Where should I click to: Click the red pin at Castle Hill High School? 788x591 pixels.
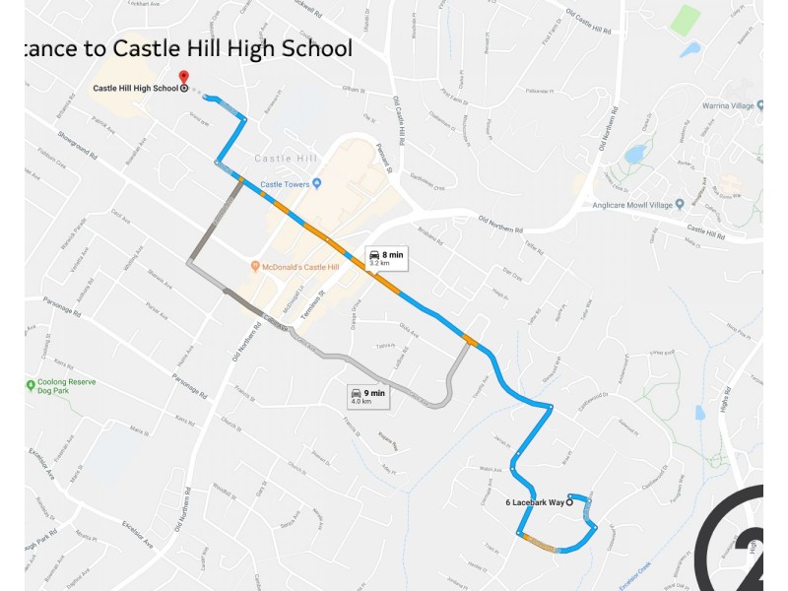[x=183, y=76]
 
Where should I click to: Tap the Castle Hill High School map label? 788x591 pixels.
[x=136, y=89]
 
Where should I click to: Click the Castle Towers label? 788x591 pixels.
[x=286, y=184]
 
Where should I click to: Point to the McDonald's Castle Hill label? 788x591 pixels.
[x=300, y=267]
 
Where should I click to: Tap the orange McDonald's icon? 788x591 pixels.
[x=255, y=267]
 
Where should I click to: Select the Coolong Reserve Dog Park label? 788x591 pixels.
[x=67, y=389]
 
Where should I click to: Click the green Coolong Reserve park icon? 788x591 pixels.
[x=31, y=384]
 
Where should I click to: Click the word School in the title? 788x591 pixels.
[x=315, y=48]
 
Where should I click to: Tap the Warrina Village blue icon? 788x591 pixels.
[x=694, y=104]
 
